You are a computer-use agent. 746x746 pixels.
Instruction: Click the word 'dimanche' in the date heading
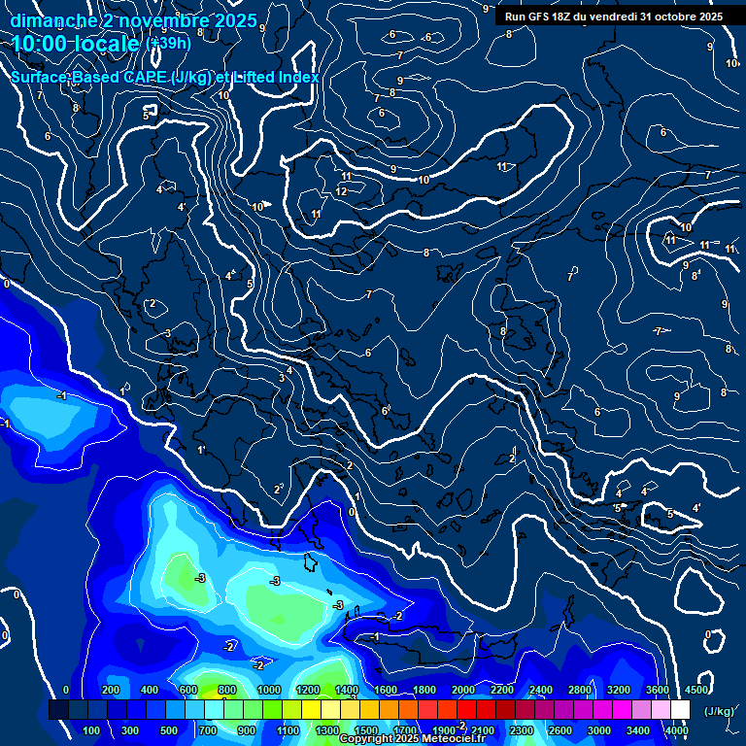click(x=52, y=20)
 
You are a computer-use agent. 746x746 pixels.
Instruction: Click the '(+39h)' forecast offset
click(x=168, y=44)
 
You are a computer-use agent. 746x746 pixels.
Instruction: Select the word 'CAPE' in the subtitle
click(x=144, y=77)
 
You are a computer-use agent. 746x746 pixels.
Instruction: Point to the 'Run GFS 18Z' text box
click(x=613, y=17)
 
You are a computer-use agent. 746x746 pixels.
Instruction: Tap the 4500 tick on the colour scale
click(x=695, y=690)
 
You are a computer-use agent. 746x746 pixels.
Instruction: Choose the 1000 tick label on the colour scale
click(x=268, y=690)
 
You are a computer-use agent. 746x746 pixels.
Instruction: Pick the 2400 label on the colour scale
click(x=540, y=690)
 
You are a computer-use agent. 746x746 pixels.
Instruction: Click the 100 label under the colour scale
click(x=92, y=730)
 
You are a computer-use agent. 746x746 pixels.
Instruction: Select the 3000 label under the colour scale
click(x=598, y=730)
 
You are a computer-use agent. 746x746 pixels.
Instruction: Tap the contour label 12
click(x=341, y=191)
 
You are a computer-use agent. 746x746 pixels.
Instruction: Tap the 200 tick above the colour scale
click(x=111, y=690)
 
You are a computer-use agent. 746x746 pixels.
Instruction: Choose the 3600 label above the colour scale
click(x=657, y=690)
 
